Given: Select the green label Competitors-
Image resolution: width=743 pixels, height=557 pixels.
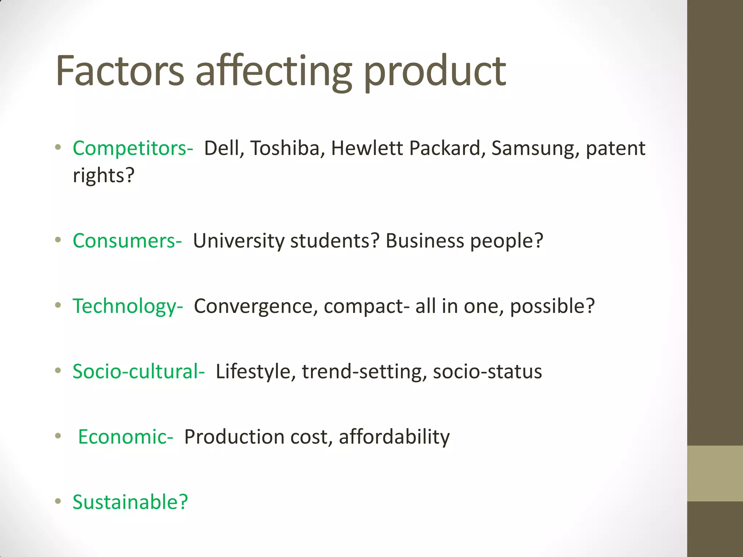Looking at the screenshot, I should (133, 148).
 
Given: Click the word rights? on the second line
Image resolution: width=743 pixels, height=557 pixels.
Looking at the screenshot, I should (104, 176).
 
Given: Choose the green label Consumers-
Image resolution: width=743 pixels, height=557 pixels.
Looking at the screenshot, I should (127, 241).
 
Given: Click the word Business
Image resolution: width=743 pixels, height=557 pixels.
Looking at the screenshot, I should (425, 241).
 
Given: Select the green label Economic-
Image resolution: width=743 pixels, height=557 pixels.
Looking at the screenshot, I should (126, 437).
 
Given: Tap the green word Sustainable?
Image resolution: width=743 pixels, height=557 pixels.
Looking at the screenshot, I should (130, 502).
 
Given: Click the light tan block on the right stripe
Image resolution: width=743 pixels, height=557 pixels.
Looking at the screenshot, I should (715, 473).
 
